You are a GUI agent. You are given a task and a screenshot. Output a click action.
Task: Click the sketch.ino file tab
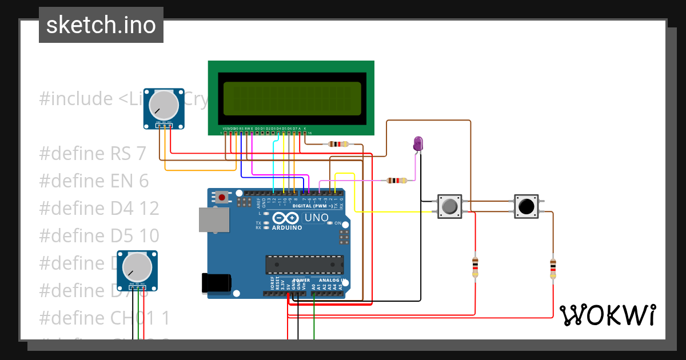pos(101,25)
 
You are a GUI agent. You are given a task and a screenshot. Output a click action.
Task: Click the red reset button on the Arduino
pos(221,198)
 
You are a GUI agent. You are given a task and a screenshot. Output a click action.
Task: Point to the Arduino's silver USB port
pos(213,219)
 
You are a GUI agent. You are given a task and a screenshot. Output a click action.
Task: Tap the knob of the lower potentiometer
pos(137,267)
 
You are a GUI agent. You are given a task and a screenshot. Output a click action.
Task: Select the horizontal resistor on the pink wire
pos(397,181)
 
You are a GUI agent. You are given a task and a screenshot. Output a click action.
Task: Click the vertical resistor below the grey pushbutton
pos(475,267)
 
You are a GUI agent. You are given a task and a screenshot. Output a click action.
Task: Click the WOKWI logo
pos(607,315)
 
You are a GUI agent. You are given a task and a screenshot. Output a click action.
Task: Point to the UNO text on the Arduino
pos(316,218)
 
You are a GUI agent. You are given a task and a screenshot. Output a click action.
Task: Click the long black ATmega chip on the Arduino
pos(305,265)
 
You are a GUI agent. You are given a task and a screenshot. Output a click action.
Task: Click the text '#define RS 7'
pos(93,154)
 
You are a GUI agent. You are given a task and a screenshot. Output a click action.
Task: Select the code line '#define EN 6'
pos(94,181)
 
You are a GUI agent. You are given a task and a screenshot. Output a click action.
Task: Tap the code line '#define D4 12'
pos(99,209)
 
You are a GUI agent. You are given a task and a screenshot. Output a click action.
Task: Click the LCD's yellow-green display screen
pos(292,98)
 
